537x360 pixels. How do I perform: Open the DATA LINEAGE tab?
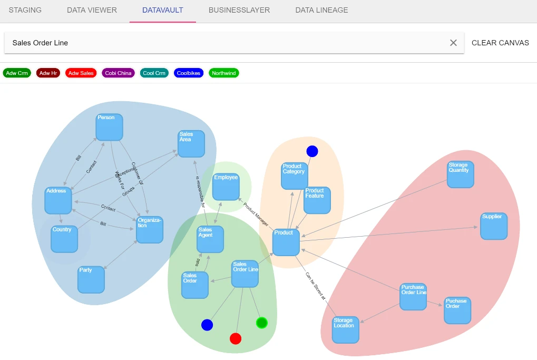point(321,10)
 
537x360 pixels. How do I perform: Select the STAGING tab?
point(25,10)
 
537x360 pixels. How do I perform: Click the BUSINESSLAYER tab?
point(239,10)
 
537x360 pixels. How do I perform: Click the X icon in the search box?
point(453,43)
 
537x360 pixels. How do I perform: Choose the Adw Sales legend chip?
point(81,73)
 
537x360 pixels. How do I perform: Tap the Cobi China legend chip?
point(118,73)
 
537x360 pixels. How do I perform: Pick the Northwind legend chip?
point(224,73)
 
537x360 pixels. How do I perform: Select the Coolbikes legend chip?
point(189,73)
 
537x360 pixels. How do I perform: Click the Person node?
point(110,127)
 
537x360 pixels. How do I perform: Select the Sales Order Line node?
point(245,274)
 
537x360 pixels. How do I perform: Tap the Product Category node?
point(294,176)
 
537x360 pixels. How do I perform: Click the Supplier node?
point(494,226)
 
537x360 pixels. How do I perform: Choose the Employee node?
point(226,187)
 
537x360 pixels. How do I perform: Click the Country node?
point(64,239)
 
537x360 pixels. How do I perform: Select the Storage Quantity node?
point(461,174)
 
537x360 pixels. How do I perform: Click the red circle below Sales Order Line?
point(236,338)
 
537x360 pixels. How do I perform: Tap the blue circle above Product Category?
point(313,151)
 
